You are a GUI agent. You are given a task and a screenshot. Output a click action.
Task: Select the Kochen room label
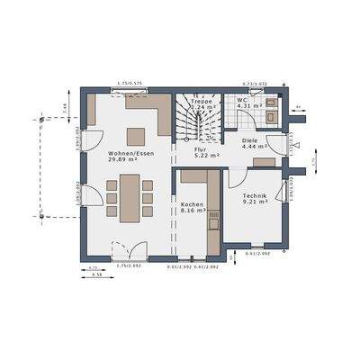192,204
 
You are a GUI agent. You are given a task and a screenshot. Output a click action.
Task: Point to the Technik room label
255,195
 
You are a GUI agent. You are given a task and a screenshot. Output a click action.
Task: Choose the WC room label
243,101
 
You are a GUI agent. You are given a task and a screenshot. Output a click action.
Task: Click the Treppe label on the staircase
202,102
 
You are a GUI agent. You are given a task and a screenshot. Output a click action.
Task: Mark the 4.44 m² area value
253,148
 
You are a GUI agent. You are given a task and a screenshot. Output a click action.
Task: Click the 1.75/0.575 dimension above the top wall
130,84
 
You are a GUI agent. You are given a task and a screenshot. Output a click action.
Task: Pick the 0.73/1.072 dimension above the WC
256,84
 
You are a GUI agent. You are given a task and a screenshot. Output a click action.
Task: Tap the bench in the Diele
265,162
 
